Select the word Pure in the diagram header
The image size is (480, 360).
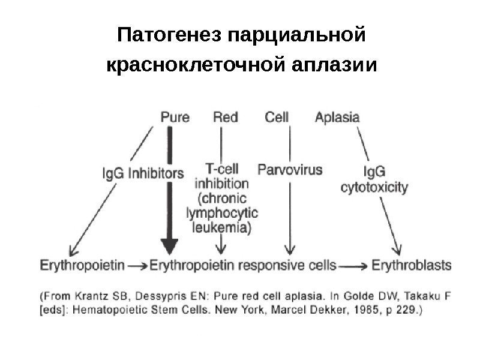175,118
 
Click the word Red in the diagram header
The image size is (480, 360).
225,118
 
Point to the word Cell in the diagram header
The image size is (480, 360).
277,118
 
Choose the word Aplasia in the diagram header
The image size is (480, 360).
337,118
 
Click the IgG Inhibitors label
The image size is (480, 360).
142,173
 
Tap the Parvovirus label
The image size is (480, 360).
290,169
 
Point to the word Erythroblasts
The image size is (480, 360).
412,264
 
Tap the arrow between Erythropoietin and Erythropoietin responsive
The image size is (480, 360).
137,265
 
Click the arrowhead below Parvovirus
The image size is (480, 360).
290,251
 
